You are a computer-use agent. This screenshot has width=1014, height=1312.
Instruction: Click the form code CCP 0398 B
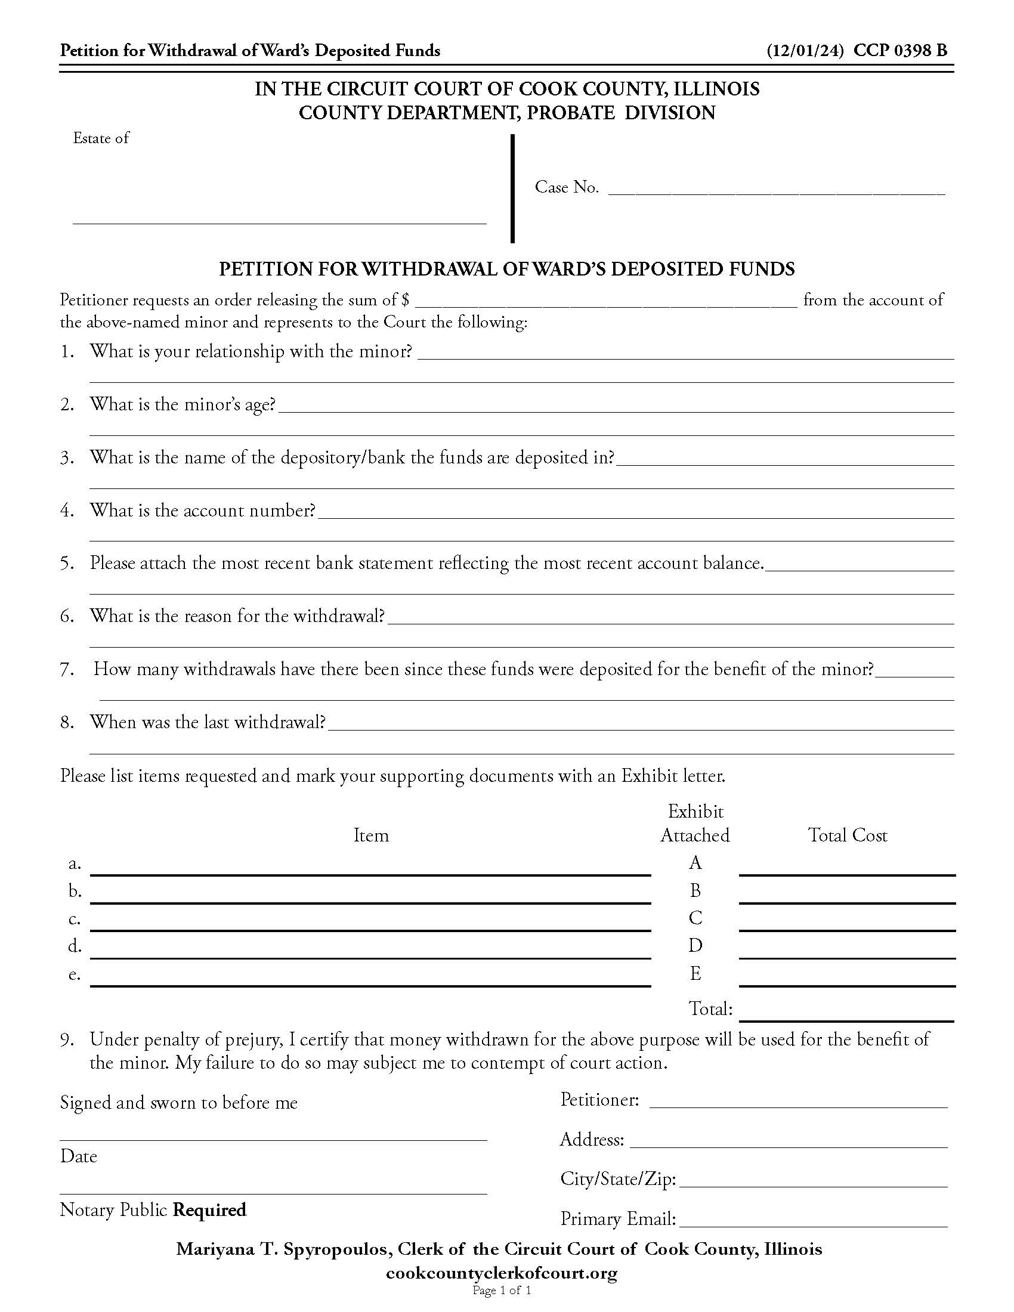[901, 51]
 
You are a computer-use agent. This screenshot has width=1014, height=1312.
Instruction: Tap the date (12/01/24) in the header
[806, 51]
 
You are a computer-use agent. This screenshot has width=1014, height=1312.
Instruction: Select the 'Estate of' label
[101, 138]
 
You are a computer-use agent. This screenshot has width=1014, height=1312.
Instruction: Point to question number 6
[67, 617]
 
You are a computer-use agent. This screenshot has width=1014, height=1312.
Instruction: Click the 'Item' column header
[370, 835]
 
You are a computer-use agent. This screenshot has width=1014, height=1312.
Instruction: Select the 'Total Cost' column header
[847, 835]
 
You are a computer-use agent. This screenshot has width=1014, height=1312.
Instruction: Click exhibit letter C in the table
[695, 918]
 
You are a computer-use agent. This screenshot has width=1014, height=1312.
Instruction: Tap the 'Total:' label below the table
[710, 1008]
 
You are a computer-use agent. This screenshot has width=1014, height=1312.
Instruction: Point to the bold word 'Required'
[209, 1209]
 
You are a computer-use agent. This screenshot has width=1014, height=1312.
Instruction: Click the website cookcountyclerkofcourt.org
[501, 1273]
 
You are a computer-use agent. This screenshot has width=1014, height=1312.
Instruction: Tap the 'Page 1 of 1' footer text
[502, 1291]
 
